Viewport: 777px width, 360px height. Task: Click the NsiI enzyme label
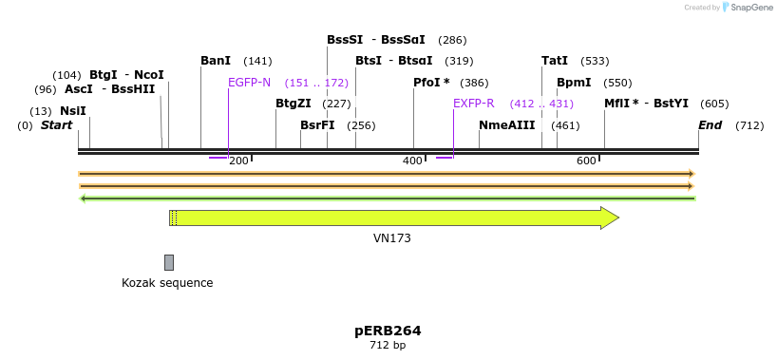click(72, 111)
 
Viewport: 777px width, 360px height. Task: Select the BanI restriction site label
click(216, 61)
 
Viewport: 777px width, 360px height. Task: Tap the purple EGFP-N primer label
click(249, 83)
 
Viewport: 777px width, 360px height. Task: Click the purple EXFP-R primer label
click(473, 104)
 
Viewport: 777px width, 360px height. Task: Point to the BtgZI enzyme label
click(293, 104)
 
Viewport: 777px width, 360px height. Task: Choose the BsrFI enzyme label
click(317, 125)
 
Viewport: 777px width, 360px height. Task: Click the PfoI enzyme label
click(431, 83)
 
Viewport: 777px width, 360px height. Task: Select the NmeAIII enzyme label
click(506, 125)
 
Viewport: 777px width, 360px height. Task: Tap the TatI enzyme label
click(555, 61)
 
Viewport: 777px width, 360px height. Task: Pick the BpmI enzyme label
click(574, 83)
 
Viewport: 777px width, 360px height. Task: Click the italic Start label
click(56, 125)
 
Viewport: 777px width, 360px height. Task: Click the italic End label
click(710, 125)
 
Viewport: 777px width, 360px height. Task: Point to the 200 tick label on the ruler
click(238, 161)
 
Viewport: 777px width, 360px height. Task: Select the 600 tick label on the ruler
click(586, 161)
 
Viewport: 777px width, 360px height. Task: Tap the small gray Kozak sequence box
click(169, 262)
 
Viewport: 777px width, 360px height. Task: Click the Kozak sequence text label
click(167, 283)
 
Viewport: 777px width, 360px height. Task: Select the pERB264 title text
click(388, 331)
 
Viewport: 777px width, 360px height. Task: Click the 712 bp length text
click(388, 345)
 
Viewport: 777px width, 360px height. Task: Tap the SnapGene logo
click(746, 8)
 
